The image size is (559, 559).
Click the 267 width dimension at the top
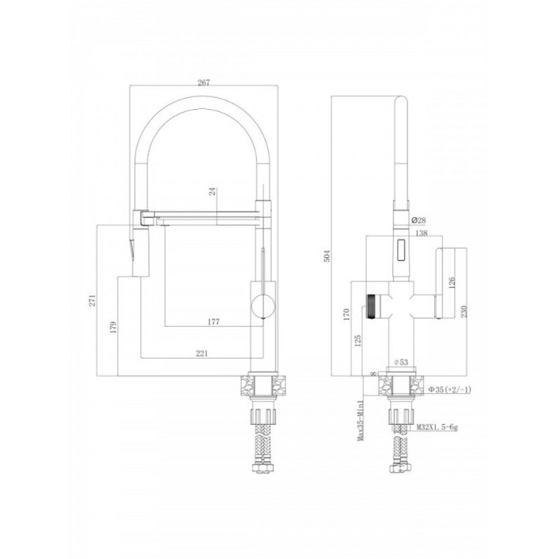pos(203,82)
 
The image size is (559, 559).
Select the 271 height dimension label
pos(92,300)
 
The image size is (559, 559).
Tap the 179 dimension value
pos(113,327)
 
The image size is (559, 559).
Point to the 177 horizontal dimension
pos(213,321)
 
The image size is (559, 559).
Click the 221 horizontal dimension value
pos(202,354)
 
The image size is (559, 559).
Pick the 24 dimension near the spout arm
pos(212,191)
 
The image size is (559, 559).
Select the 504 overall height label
pos(327,256)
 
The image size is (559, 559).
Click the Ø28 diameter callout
pos(419,220)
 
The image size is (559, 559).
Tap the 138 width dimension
pos(421,233)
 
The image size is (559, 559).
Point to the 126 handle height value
pos(452,284)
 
